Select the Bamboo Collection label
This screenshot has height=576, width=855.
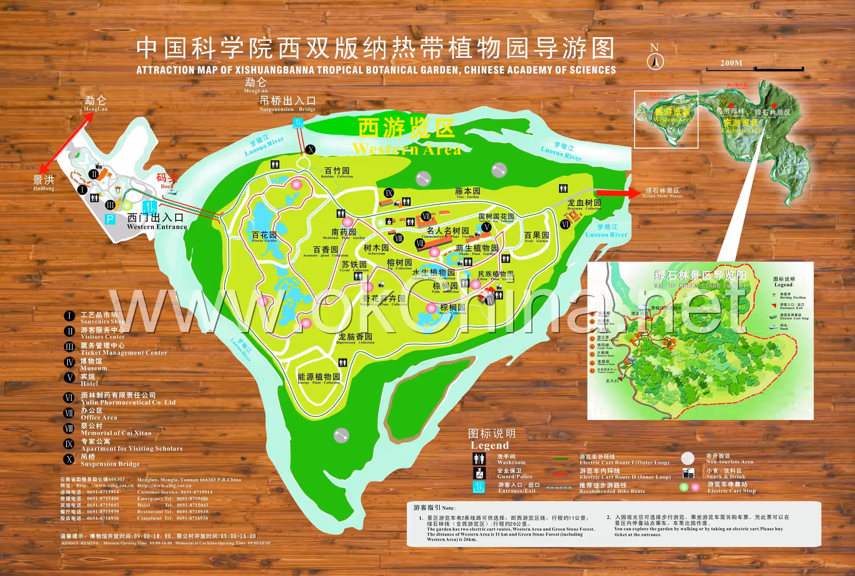(x=337, y=172)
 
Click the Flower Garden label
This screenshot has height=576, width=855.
(x=264, y=237)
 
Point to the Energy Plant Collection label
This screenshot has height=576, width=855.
(x=319, y=378)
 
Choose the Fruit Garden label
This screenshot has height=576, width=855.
(x=536, y=237)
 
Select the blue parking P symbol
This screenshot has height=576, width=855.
(x=110, y=219)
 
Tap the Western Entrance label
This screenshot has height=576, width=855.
(x=157, y=222)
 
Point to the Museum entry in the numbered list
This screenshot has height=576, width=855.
(x=93, y=364)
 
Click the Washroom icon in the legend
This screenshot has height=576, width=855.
(x=479, y=459)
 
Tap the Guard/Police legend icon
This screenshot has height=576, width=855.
(x=479, y=473)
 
